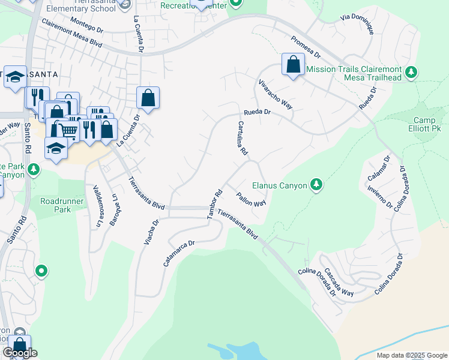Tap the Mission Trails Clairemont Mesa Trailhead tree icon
pyautogui.click(x=411, y=73)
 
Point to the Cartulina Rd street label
pyautogui.click(x=243, y=139)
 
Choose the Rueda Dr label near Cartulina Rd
pyautogui.click(x=258, y=112)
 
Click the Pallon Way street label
pyautogui.click(x=251, y=199)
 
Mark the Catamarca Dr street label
pyautogui.click(x=179, y=253)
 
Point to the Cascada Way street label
pyautogui.click(x=339, y=282)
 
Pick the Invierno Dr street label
pyautogui.click(x=385, y=196)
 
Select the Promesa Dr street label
pyautogui.click(x=306, y=47)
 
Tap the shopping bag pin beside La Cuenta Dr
pyautogui.click(x=148, y=98)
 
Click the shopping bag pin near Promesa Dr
pyautogui.click(x=293, y=65)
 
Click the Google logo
pyautogui.click(x=20, y=353)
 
